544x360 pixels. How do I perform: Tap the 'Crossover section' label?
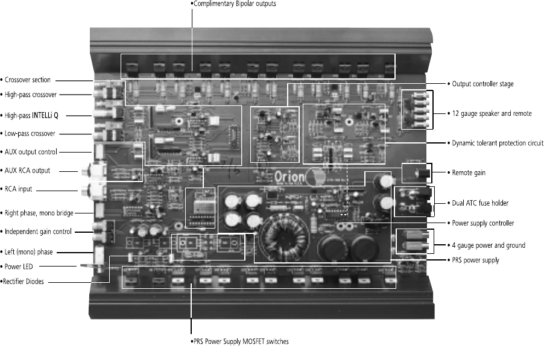(x=28, y=80)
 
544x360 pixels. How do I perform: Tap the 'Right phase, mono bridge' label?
(x=37, y=212)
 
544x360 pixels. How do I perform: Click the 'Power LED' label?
(x=21, y=265)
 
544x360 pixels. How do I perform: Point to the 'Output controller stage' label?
(x=483, y=84)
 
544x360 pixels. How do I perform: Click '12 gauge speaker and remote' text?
(x=492, y=113)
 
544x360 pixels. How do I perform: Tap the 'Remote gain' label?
(x=469, y=173)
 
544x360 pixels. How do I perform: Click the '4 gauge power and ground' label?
(x=488, y=245)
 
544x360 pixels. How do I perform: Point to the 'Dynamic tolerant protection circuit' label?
(x=498, y=144)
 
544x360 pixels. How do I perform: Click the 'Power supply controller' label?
(x=483, y=223)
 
